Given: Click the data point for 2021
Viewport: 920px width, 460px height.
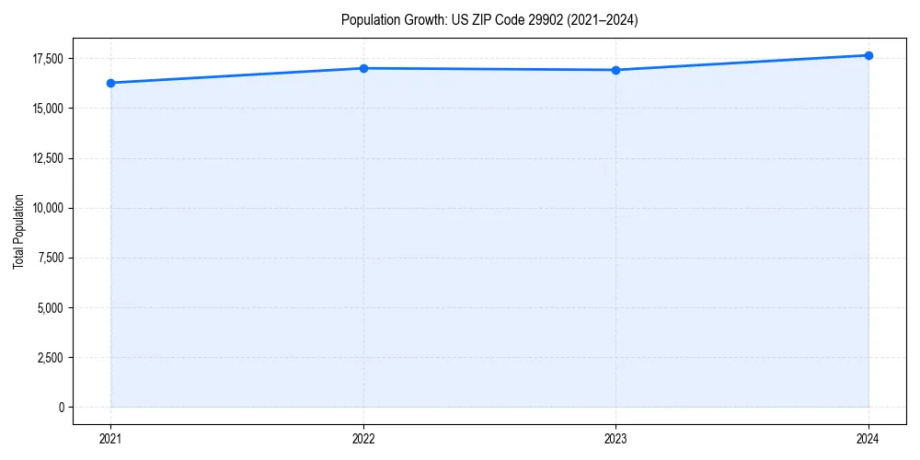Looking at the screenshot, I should [110, 83].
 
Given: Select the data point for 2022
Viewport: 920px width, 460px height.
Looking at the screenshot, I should [363, 68].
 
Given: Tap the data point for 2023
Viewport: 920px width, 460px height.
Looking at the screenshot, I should [615, 70].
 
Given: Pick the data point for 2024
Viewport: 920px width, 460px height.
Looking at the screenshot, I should [868, 55].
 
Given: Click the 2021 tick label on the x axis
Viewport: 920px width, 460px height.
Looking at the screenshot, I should [110, 439].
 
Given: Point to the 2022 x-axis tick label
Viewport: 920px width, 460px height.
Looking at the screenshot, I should [363, 439].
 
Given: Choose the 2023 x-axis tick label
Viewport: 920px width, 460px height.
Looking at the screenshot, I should [615, 439].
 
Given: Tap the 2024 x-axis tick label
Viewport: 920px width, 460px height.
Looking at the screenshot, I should [868, 439].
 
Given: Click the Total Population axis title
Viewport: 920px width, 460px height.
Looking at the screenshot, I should [18, 231].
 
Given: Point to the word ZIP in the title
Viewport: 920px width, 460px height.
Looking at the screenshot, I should [477, 20].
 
